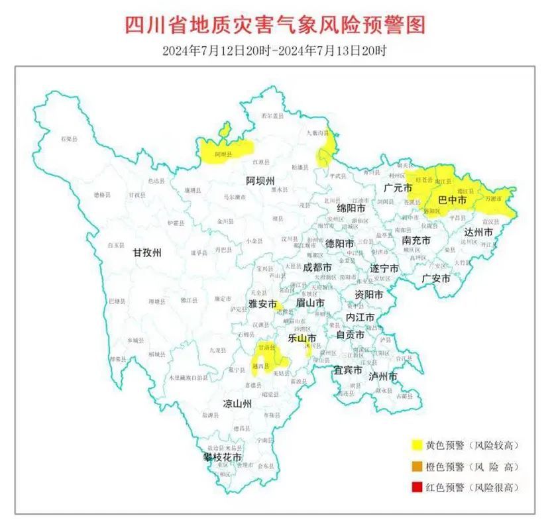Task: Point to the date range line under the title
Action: (x=274, y=51)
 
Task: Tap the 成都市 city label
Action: (x=317, y=268)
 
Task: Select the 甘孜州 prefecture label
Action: (x=147, y=252)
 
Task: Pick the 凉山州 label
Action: (x=237, y=403)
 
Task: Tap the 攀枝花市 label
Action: (x=222, y=458)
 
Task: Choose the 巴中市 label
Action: (x=452, y=199)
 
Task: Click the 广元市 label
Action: (x=398, y=188)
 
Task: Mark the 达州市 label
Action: (x=478, y=233)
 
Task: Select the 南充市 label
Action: (x=416, y=240)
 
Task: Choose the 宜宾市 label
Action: (x=347, y=369)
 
